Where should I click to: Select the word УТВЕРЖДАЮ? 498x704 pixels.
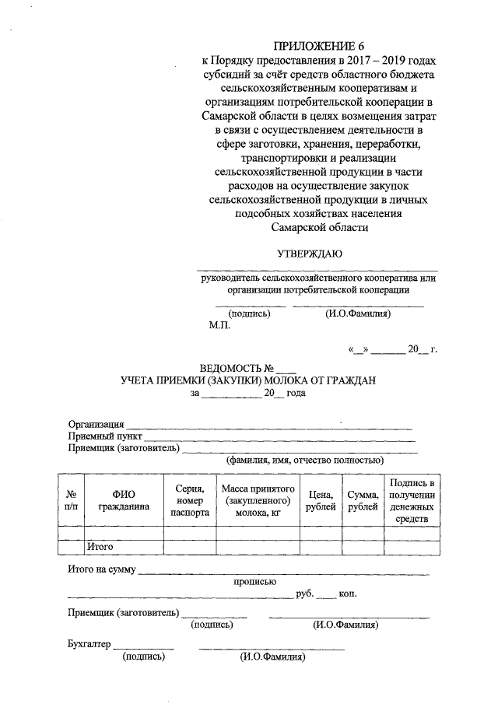tap(310, 253)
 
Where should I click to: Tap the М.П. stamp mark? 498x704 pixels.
tap(219, 327)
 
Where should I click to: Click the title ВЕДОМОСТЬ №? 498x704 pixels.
tap(237, 367)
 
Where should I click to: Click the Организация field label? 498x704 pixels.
tap(96, 424)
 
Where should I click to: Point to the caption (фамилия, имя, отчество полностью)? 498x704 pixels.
tap(302, 461)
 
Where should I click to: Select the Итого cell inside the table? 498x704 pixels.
tap(101, 547)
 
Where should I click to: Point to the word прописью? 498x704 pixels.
tap(255, 580)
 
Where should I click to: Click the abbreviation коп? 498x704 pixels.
tap(348, 594)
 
